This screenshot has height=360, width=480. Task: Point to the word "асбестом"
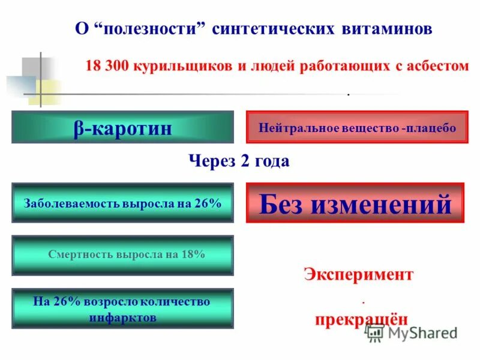[438, 67]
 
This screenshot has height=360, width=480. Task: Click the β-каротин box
[122, 127]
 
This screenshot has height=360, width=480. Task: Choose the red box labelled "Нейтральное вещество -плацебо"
[357, 127]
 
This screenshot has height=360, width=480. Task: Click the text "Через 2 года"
[239, 161]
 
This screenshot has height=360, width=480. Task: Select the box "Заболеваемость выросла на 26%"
[122, 203]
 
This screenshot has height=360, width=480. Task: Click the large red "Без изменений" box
[355, 203]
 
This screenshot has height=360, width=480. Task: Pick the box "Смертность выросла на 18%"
[122, 254]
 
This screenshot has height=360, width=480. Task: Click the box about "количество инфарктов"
[122, 309]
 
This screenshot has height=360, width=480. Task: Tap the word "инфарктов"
[122, 317]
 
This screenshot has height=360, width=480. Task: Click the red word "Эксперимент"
[358, 274]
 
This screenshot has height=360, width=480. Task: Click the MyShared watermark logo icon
[376, 332]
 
